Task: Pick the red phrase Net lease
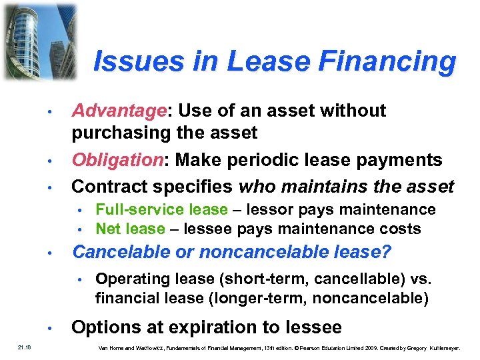pyautogui.click(x=129, y=229)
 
